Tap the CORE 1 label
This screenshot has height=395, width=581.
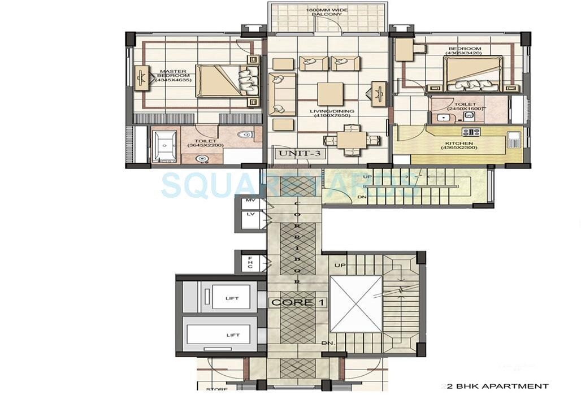298,302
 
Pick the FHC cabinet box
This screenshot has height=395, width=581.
250,263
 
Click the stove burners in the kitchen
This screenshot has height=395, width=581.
471,132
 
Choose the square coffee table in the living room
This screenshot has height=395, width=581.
328,94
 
